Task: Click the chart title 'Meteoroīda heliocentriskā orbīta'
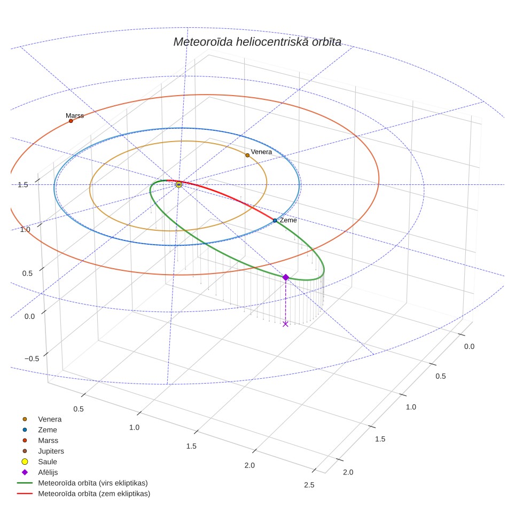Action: (x=257, y=42)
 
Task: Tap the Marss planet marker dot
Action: (x=71, y=121)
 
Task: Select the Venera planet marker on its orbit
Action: (x=247, y=155)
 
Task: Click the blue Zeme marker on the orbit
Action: (x=275, y=221)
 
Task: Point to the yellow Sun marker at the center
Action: (x=178, y=185)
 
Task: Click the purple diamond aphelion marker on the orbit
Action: (x=286, y=278)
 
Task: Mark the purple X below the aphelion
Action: (x=285, y=324)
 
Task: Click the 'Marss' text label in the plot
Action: (x=75, y=115)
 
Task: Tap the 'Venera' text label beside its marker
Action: (x=261, y=152)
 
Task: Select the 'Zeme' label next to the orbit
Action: (x=288, y=220)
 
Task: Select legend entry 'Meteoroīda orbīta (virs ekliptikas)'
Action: (x=82, y=483)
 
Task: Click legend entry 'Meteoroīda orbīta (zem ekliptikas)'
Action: (x=84, y=494)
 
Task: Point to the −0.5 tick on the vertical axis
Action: (x=32, y=358)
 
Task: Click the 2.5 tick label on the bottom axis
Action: (x=309, y=485)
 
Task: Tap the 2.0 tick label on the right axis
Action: (x=348, y=472)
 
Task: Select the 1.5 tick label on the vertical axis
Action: (x=23, y=185)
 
